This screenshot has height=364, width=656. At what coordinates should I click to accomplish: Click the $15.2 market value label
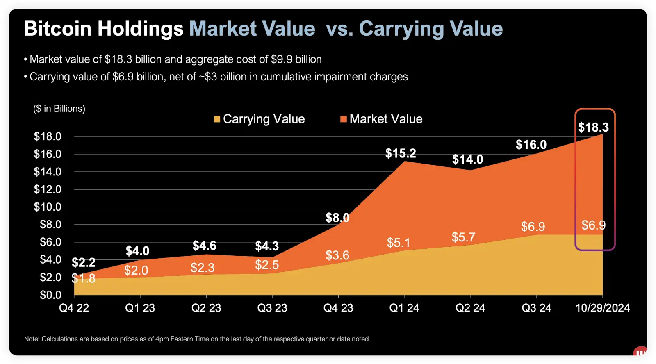(x=401, y=153)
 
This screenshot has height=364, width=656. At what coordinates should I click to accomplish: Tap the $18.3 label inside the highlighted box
(x=593, y=127)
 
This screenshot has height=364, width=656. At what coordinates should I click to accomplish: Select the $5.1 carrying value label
(x=399, y=243)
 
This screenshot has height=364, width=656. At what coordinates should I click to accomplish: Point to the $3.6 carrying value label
(x=337, y=255)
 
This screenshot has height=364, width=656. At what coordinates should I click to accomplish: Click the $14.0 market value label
(x=467, y=159)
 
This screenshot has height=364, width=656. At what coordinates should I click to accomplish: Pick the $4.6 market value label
(x=205, y=246)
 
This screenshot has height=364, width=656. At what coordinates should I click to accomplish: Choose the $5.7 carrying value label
(x=463, y=237)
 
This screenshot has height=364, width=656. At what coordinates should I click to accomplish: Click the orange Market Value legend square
(x=344, y=119)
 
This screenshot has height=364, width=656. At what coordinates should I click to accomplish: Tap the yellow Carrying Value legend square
(x=217, y=119)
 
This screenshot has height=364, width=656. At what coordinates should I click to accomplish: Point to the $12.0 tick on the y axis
(x=48, y=189)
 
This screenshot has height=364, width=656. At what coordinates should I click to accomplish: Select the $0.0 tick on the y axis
(x=50, y=295)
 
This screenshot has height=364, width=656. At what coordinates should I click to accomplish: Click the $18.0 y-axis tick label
(x=48, y=136)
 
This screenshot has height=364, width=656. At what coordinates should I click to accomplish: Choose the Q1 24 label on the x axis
(x=404, y=308)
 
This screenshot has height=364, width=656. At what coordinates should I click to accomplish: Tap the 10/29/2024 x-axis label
(x=602, y=308)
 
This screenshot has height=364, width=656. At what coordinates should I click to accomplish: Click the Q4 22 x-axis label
(x=74, y=308)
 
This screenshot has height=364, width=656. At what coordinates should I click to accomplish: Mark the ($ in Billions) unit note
(x=59, y=109)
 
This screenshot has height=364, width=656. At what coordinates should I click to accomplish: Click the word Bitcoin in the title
(x=57, y=29)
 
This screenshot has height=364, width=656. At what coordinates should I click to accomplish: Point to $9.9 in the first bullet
(x=282, y=59)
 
